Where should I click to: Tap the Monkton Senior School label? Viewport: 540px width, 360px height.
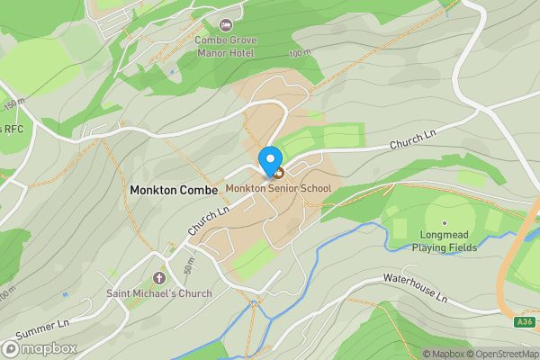278,188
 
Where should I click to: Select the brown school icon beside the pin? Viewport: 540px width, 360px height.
279,172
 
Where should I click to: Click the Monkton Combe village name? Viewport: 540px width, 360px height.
174,190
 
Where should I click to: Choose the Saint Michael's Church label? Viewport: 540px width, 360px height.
159,293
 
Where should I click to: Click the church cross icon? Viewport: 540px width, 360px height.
159,278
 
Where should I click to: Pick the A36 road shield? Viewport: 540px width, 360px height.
525,321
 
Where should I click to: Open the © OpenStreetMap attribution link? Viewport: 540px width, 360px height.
502,354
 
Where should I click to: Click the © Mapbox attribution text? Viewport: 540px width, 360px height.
444,354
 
